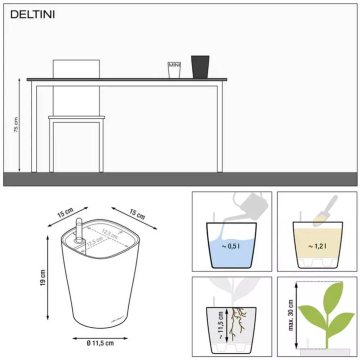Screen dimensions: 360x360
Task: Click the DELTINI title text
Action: tap(32, 14)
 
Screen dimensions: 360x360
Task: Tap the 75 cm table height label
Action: tap(16, 125)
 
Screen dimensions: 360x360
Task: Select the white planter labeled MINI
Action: tap(174, 69)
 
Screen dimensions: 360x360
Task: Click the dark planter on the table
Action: tap(200, 66)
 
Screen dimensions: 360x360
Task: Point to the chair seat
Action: tap(76, 118)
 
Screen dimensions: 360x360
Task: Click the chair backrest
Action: tap(76, 68)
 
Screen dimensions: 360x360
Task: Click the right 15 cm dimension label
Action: tap(136, 214)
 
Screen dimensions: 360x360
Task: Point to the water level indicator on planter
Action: tap(78, 230)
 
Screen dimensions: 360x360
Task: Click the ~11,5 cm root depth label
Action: tap(220, 322)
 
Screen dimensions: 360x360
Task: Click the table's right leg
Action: tap(219, 127)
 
